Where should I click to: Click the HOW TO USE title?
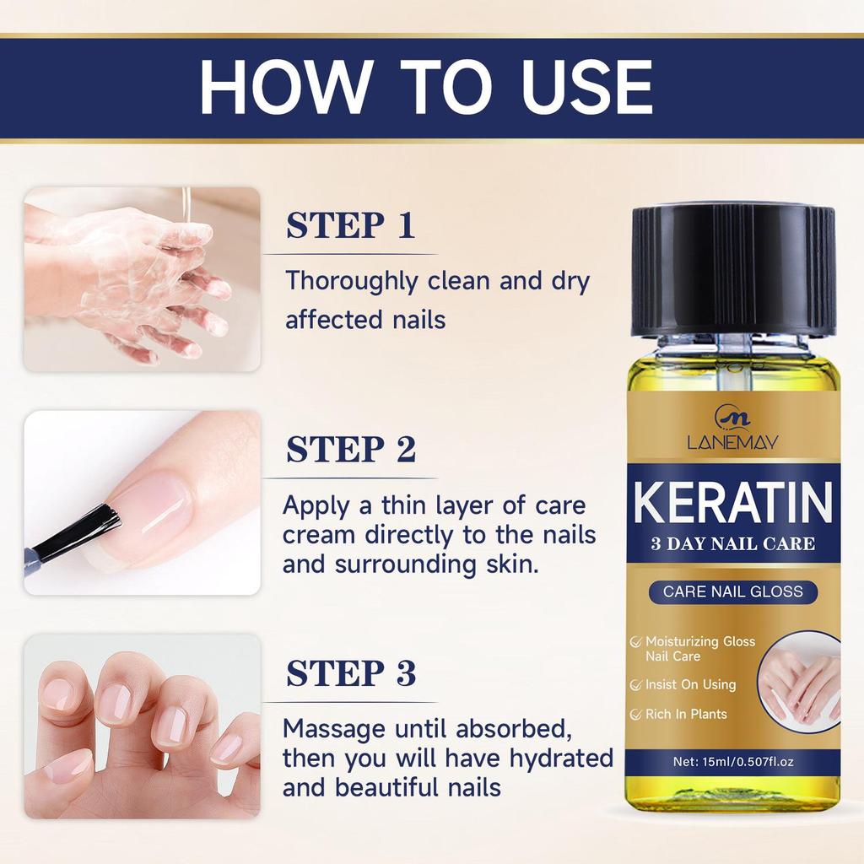[426, 87]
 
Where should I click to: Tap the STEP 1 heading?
[350, 226]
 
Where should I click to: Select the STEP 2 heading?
[350, 450]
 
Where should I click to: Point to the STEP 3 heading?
[350, 674]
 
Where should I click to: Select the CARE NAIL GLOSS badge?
[732, 591]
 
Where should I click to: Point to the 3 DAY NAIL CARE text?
[732, 543]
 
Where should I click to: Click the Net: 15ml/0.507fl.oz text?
[733, 761]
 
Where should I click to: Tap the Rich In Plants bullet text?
[685, 714]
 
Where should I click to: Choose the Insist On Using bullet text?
[690, 684]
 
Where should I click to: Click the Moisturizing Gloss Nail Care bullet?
[699, 649]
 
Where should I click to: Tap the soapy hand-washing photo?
[141, 279]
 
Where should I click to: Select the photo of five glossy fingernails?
[141, 726]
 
